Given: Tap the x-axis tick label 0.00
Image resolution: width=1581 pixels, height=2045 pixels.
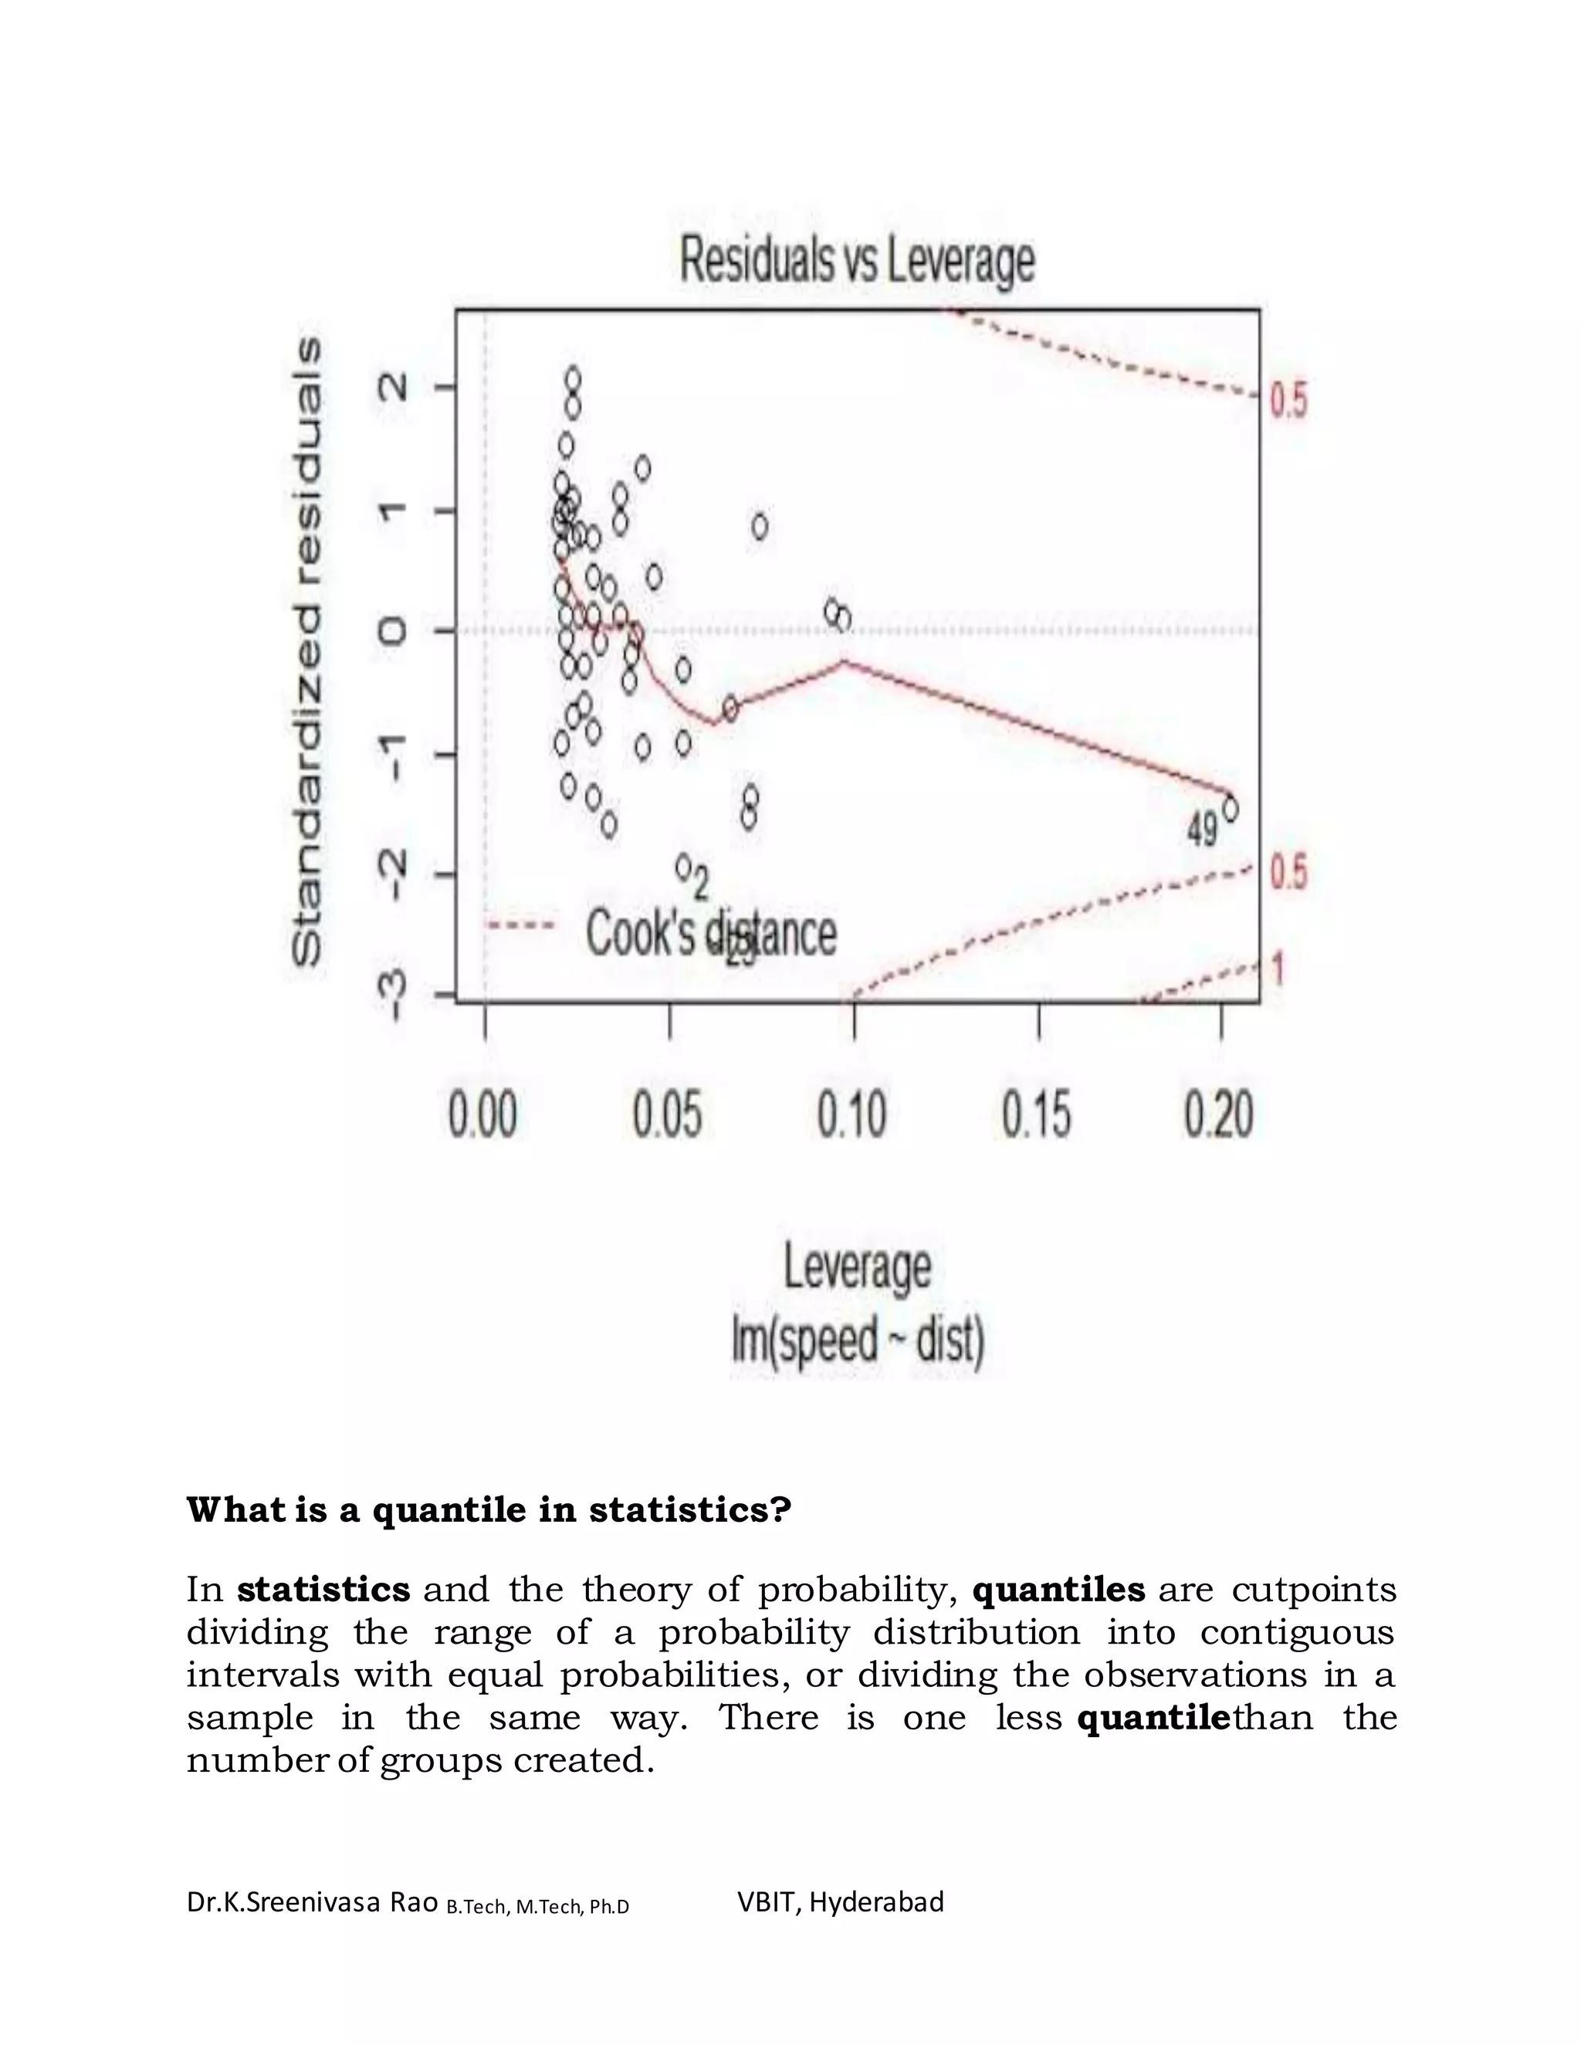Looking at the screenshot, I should tap(482, 1115).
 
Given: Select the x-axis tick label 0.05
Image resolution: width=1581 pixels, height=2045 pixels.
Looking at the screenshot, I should tap(667, 1115).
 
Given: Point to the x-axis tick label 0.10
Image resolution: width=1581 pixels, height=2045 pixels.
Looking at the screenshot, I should tap(851, 1115).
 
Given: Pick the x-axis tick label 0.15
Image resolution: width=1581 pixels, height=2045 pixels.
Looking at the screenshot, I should tap(1036, 1115).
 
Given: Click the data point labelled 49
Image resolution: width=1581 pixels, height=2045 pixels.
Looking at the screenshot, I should tap(1230, 809).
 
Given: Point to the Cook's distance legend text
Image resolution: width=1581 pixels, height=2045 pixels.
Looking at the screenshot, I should tap(710, 934).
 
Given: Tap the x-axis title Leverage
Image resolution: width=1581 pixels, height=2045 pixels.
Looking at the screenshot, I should tap(857, 1268).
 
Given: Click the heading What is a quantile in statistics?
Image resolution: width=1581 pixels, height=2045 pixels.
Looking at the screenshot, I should tap(489, 1510).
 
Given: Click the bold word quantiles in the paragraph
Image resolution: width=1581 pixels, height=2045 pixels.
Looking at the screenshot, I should tap(1058, 1590).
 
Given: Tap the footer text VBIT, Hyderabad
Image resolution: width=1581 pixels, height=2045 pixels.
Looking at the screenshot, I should tap(840, 1901).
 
